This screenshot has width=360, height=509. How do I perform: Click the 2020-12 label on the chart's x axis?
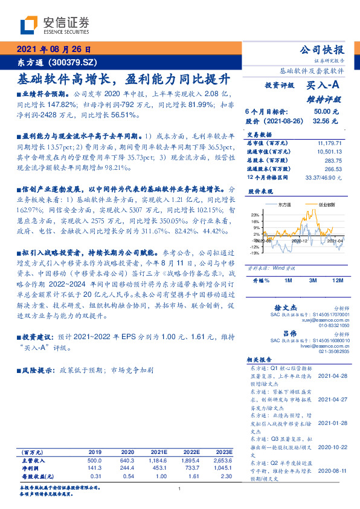pos(300,241)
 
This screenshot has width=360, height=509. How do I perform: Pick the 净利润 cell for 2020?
pos(127,467)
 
